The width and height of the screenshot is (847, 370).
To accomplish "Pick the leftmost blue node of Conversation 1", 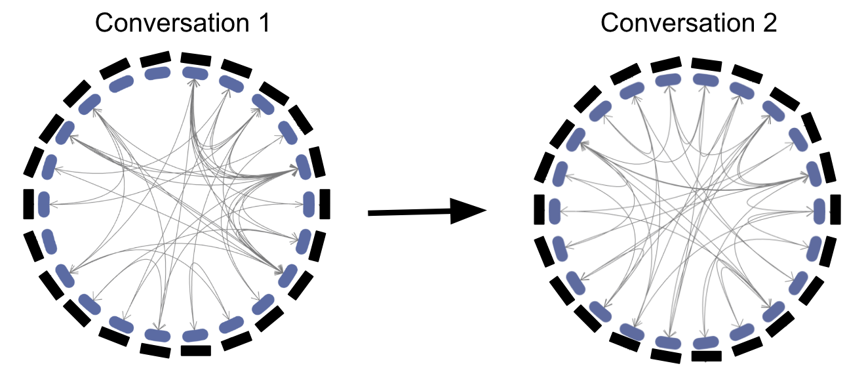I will (44, 204).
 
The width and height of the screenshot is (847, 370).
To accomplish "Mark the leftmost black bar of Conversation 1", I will (28, 203).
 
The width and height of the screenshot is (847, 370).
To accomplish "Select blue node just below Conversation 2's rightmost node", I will (814, 248).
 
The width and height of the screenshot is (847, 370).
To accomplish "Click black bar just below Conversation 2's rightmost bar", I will (829, 251).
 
